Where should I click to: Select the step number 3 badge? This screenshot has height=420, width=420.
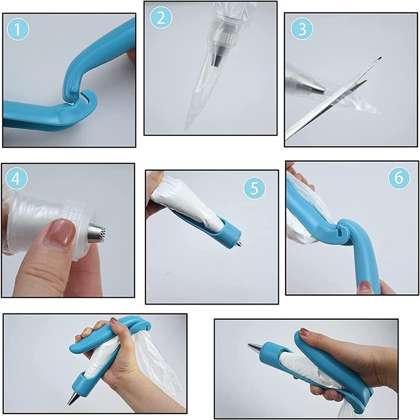coord(301,29)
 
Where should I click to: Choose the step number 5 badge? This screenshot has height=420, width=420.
coord(254,187)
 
